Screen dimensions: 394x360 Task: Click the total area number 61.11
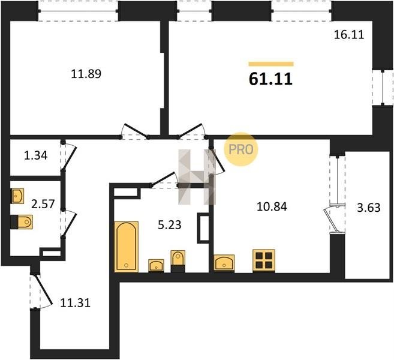click(x=270, y=79)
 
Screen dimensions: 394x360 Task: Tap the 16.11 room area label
click(x=349, y=34)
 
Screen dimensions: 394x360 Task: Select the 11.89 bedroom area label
click(x=86, y=74)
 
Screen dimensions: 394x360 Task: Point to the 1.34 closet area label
click(x=35, y=155)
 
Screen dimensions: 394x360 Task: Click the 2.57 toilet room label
click(x=43, y=204)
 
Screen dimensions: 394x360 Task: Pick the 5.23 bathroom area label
click(x=169, y=225)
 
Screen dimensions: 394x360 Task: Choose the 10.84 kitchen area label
click(x=272, y=206)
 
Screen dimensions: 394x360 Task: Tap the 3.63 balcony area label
click(x=369, y=208)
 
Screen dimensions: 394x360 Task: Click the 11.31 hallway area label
click(x=75, y=303)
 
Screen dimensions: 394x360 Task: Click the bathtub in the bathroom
click(x=127, y=247)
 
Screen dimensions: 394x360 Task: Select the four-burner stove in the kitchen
click(x=264, y=260)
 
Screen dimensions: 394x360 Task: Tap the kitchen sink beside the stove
click(x=224, y=263)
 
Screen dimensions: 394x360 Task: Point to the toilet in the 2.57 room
click(x=22, y=222)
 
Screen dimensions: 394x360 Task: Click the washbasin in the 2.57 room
click(x=17, y=196)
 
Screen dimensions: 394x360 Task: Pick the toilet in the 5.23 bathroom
click(x=178, y=261)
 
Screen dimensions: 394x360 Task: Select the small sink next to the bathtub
click(x=156, y=266)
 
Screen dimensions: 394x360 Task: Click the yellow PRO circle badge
click(x=240, y=149)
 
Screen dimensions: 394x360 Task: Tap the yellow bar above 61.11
click(x=271, y=64)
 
